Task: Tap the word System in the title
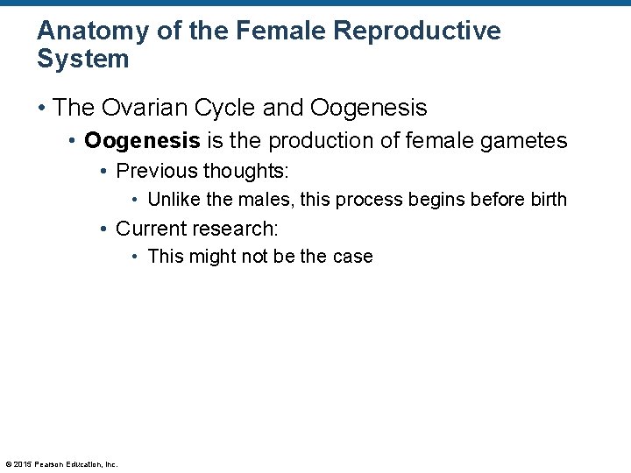tap(83, 60)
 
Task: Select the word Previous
tap(156, 170)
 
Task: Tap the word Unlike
tap(173, 200)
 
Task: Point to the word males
tap(266, 200)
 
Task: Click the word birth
tap(549, 200)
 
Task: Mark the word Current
tap(151, 229)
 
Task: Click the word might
tap(209, 257)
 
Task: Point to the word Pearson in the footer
tap(49, 464)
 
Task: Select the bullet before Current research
tap(104, 229)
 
